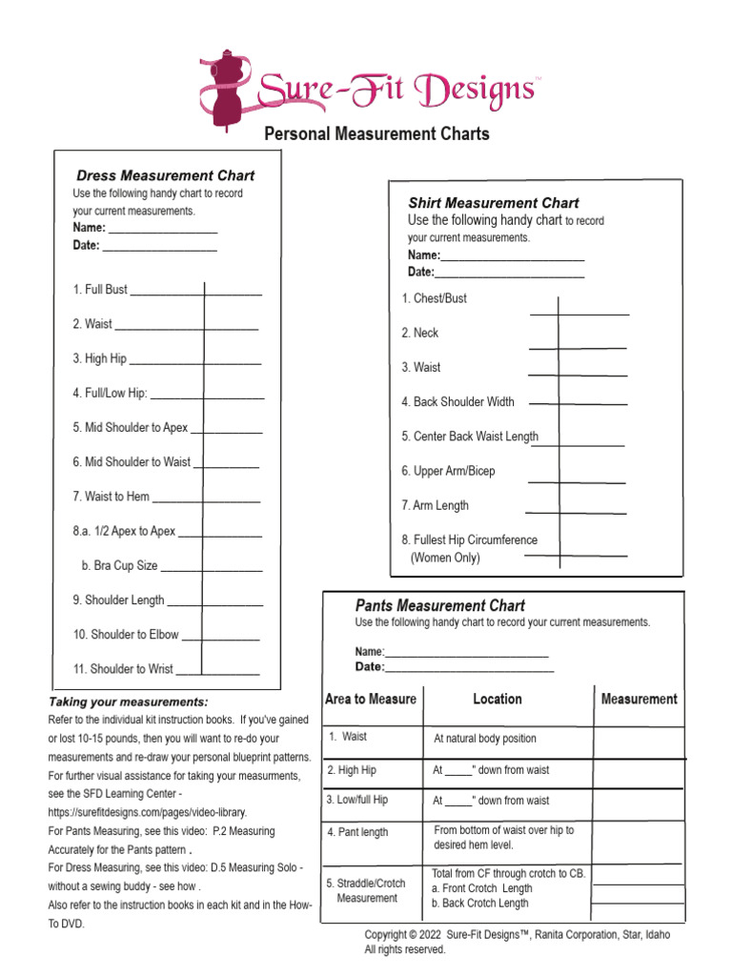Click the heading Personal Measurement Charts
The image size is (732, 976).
click(376, 133)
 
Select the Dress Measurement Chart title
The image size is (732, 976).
click(165, 175)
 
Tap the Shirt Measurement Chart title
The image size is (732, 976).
click(493, 203)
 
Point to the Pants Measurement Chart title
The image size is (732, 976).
click(439, 605)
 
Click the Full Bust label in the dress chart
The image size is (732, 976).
click(100, 289)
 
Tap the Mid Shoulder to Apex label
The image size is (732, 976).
click(131, 428)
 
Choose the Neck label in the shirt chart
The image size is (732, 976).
click(420, 333)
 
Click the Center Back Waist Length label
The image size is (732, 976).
click(470, 437)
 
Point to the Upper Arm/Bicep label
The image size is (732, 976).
click(448, 471)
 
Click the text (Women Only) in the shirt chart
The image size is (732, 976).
click(445, 558)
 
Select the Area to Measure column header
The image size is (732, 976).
click(371, 699)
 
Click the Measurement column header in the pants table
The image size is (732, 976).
click(639, 699)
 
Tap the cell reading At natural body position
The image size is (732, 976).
click(485, 739)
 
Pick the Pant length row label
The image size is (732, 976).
click(357, 832)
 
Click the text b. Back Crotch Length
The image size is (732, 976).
click(481, 904)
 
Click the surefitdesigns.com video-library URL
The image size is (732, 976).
click(148, 812)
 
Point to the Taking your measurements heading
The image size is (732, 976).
click(129, 701)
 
